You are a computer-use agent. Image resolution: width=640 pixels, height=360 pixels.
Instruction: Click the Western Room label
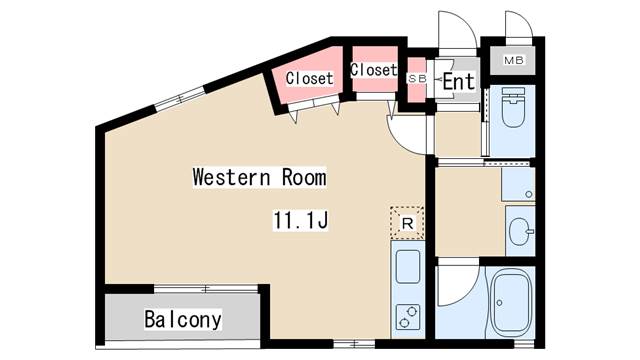[259, 177]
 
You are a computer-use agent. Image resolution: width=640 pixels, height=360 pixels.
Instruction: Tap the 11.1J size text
[300, 220]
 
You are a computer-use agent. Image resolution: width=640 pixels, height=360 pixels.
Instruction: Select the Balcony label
[183, 320]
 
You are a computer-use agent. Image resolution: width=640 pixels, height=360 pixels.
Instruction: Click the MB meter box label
[513, 60]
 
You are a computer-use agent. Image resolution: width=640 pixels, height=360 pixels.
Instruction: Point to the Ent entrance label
[459, 81]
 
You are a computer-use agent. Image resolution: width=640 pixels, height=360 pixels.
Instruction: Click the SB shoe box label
[417, 79]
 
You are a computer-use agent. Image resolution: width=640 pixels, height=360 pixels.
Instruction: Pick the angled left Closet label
[309, 78]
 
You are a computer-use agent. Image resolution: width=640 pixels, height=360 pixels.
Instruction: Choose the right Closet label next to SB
[374, 70]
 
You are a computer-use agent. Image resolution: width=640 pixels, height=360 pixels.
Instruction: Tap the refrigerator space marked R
[407, 223]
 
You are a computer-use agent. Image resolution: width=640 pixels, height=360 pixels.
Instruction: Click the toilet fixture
[513, 107]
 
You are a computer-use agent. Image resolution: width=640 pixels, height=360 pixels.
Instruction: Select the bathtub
[511, 303]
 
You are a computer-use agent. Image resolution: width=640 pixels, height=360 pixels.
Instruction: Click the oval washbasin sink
[520, 231]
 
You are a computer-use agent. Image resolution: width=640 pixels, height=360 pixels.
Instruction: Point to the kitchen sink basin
[408, 267]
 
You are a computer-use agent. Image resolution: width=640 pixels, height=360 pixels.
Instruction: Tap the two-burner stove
[408, 317]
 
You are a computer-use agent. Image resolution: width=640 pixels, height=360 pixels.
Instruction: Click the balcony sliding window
[206, 289]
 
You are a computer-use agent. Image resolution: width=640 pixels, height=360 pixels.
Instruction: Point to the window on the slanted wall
[179, 98]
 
